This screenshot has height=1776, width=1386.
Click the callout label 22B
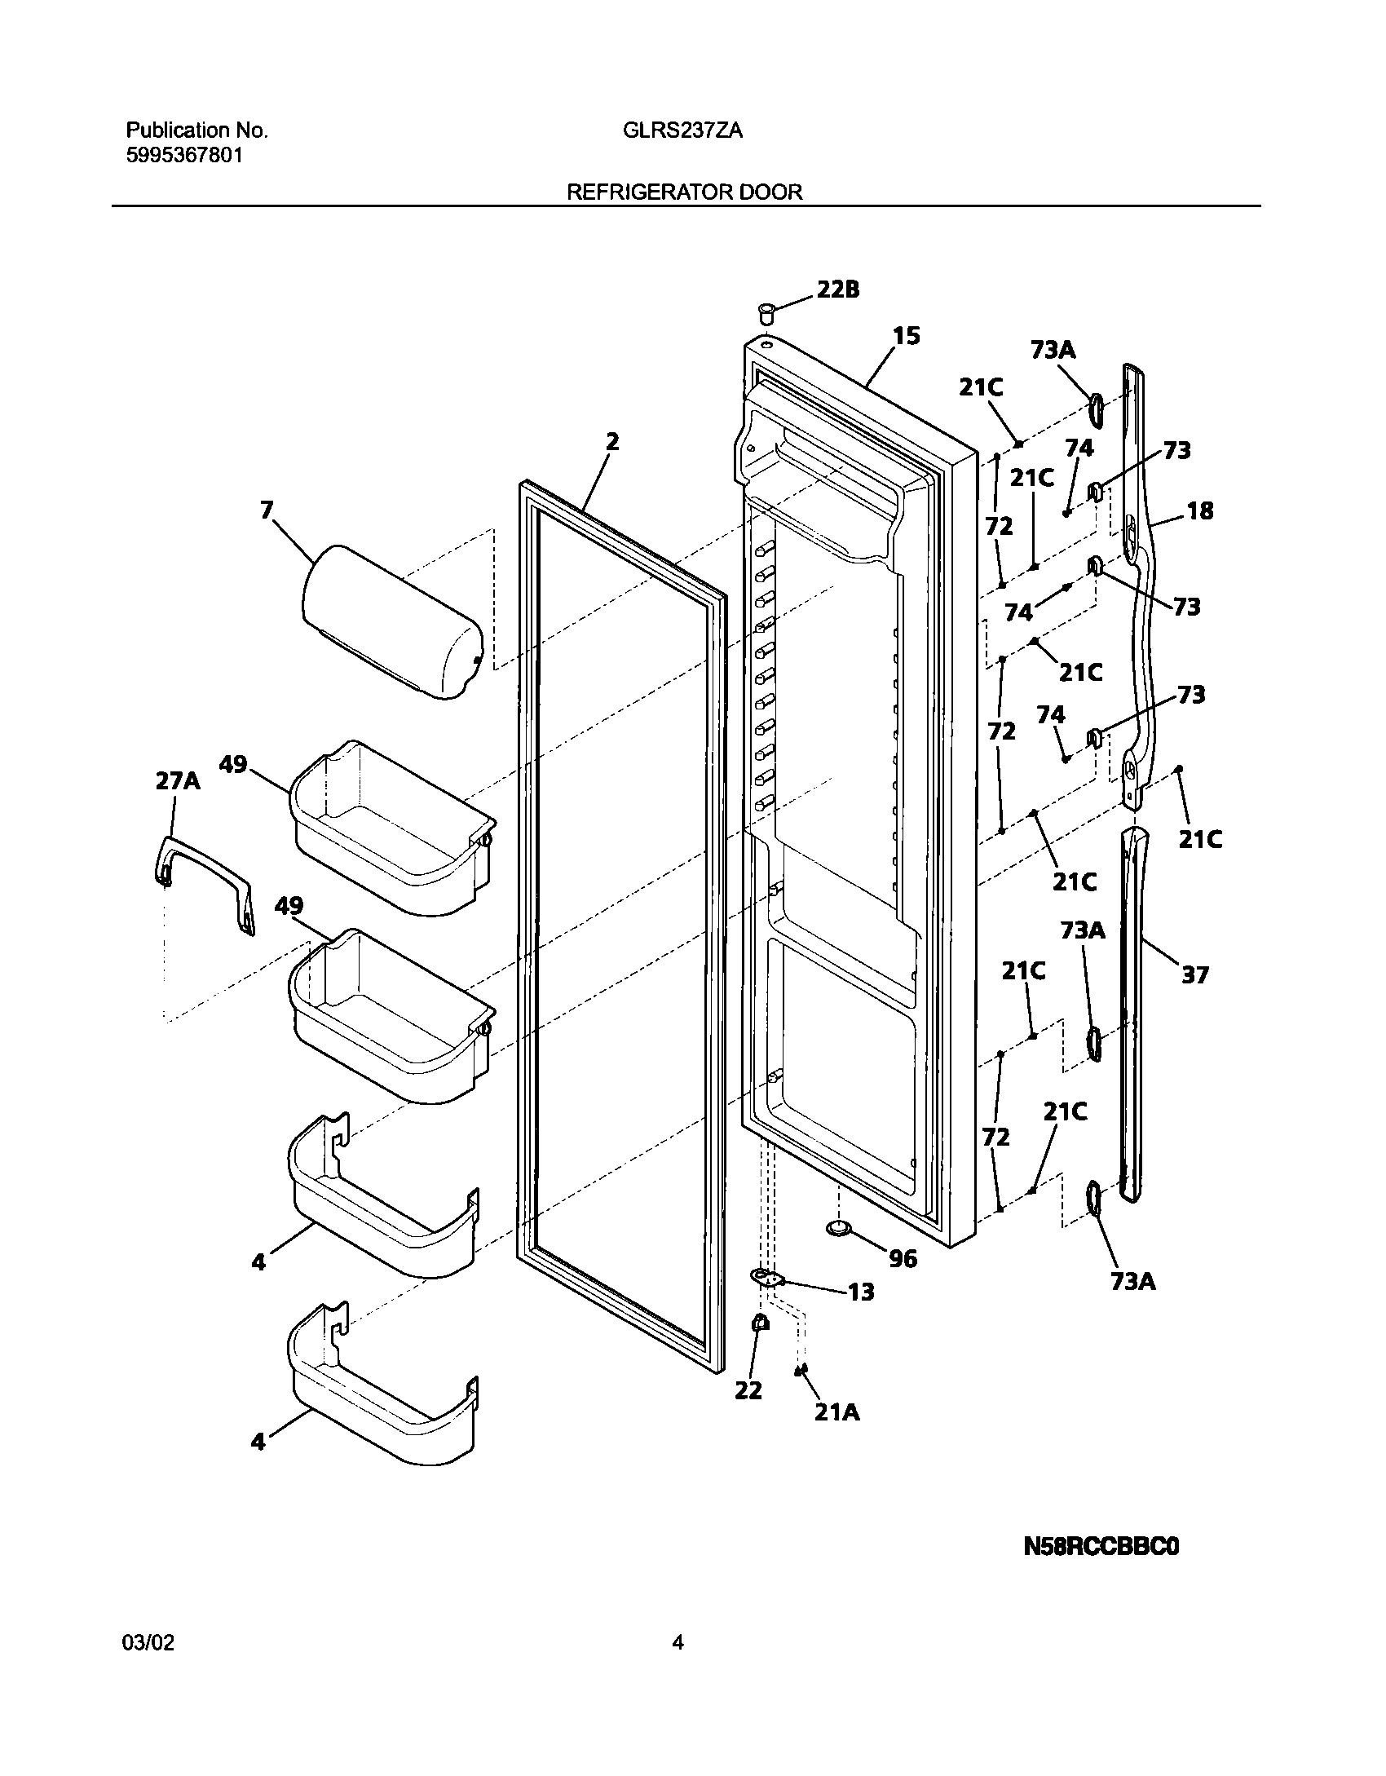pos(837,289)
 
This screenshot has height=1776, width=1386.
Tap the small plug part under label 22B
pos(766,313)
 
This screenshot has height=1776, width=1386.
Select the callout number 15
pos(906,336)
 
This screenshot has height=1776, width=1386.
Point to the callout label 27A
pos(178,781)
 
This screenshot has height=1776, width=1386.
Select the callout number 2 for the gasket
pos(611,442)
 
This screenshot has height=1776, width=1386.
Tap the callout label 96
pos(903,1259)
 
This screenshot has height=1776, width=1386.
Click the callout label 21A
pos(837,1412)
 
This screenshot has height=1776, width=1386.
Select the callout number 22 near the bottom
pos(748,1390)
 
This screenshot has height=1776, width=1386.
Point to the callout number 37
pos(1195,974)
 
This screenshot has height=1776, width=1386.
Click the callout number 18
pos(1200,511)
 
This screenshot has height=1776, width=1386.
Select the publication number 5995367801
pos(184,156)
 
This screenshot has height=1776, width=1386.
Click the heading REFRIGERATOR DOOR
pos(685,192)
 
